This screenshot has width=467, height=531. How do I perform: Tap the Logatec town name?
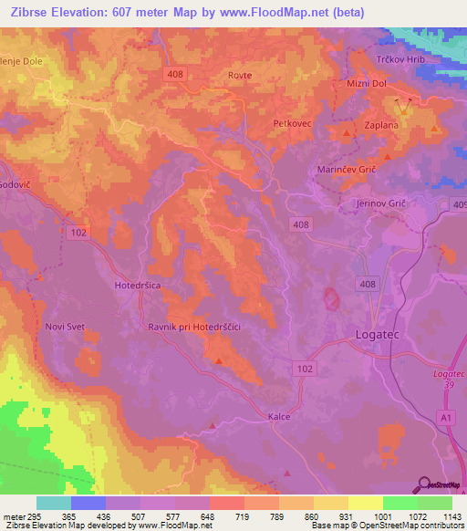pyautogui.click(x=375, y=336)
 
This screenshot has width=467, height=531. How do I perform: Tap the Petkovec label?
pyautogui.click(x=293, y=120)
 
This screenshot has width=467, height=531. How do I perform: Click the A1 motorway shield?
pyautogui.click(x=444, y=417)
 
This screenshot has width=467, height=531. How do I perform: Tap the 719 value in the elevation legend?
pyautogui.click(x=244, y=515)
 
